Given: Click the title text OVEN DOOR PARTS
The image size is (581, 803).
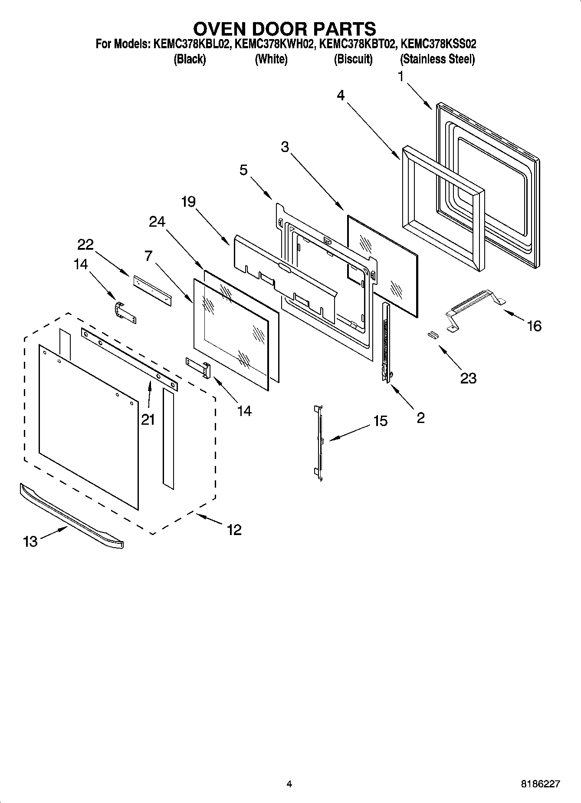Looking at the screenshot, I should pos(284,29).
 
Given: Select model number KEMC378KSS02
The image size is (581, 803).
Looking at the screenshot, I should pos(438,44).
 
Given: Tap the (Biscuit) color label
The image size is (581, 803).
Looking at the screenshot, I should pos(353,59).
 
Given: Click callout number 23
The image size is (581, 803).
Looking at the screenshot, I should pos(468,378).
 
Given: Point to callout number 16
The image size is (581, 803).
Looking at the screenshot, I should pos(534,325).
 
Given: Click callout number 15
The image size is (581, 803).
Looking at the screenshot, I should pos(380,421).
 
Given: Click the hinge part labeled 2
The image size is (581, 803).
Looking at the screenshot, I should pos(385,343).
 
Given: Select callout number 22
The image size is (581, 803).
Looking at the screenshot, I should pos(85,245).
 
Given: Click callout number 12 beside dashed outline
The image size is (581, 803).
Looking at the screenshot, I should pos(234,529).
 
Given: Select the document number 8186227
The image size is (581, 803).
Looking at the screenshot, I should pos(540,784).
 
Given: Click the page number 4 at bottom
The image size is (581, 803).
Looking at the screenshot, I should pos(289,784).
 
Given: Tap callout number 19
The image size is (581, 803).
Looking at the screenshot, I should pos(188,202).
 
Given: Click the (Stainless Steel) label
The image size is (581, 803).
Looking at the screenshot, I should pos(437,59).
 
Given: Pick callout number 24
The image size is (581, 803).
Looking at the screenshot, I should pos(157,222).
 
